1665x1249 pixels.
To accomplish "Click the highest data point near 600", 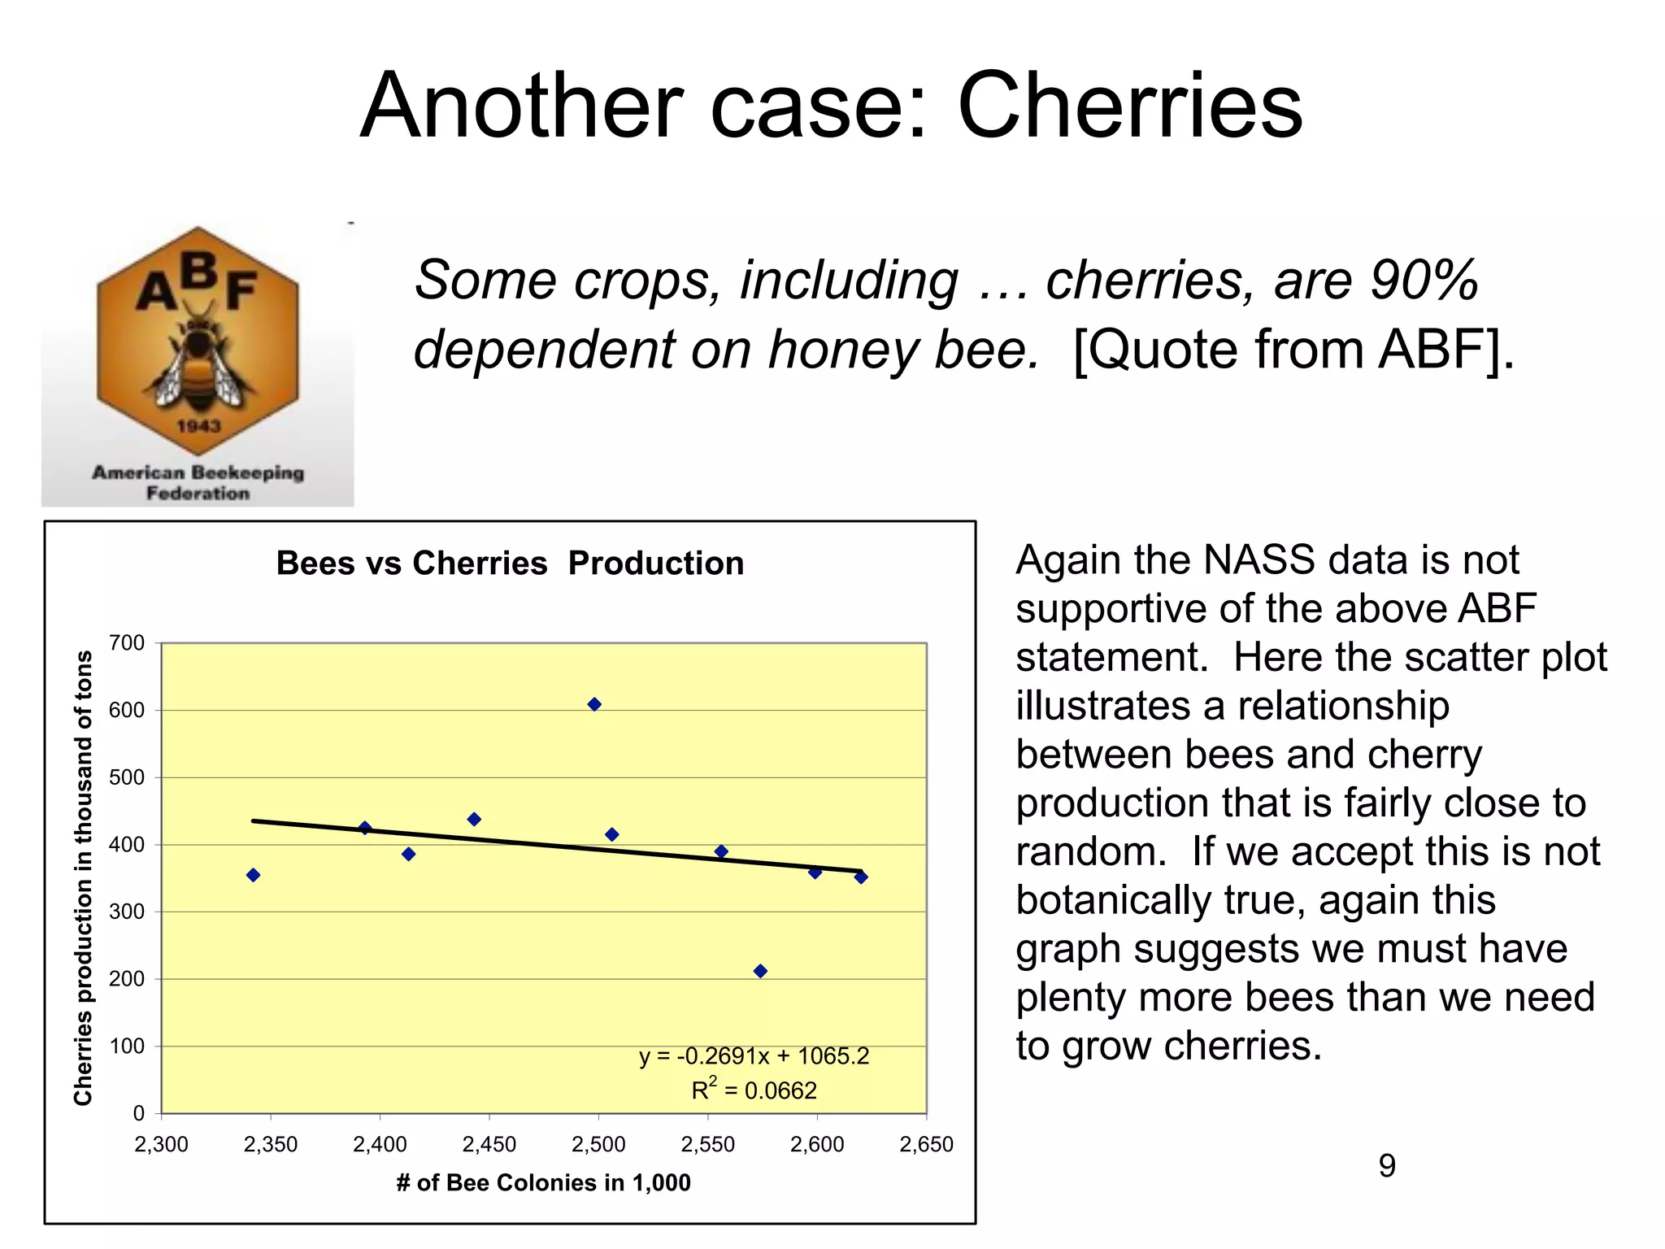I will point(594,704).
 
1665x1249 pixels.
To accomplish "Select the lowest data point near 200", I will point(760,971).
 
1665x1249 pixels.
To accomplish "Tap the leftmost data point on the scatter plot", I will point(253,875).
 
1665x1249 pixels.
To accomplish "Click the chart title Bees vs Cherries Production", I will point(510,564).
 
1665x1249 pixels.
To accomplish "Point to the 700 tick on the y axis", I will point(127,643).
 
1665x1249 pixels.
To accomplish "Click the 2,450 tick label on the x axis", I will point(489,1145).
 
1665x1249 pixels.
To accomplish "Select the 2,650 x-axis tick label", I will point(926,1145).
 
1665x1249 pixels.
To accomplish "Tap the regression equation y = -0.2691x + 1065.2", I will point(754,1056).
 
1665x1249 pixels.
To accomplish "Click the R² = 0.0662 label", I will point(754,1090).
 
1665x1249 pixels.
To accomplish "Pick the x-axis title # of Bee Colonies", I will point(543,1182).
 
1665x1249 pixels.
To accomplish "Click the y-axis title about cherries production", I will point(83,878).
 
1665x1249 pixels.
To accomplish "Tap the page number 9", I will point(1387,1166).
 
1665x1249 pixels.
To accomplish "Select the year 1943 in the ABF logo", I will point(198,426).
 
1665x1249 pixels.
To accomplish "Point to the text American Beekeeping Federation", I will point(198,482).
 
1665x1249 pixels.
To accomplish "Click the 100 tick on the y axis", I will point(127,1046).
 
